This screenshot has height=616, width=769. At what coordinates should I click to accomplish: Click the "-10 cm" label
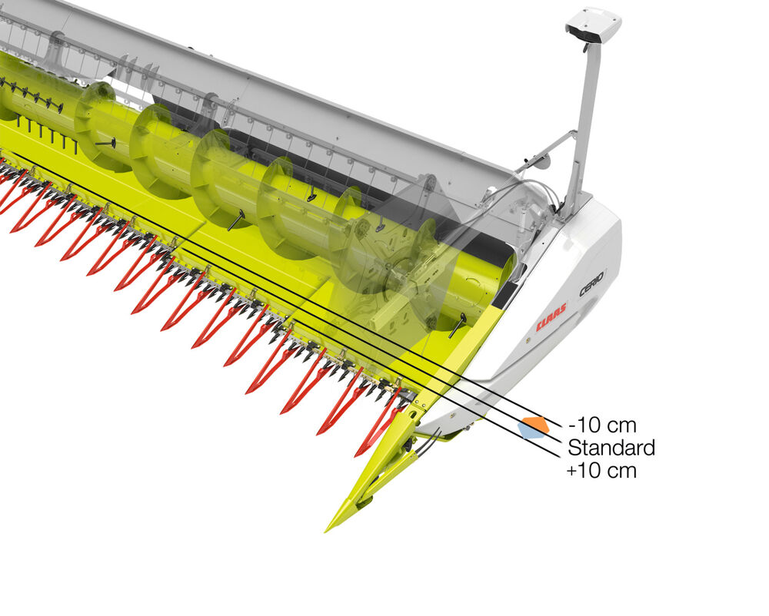point(602,425)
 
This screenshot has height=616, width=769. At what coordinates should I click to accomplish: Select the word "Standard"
point(611,448)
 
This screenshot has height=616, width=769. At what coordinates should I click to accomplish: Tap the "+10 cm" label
point(602,471)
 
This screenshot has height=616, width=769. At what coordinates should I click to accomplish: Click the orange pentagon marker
point(536,424)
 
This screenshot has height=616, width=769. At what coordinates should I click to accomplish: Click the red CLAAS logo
point(551,316)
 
